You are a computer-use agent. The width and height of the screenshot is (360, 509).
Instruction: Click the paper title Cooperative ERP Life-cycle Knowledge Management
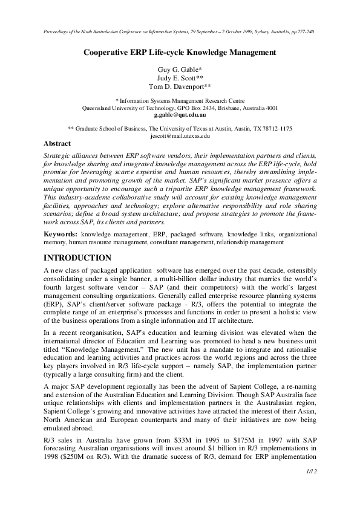pos(180,52)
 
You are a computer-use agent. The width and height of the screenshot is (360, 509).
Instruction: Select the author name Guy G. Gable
pos(180,70)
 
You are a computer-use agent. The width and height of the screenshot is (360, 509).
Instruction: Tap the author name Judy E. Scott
pos(180,78)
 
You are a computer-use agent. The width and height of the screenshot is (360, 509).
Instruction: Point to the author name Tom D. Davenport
pos(180,86)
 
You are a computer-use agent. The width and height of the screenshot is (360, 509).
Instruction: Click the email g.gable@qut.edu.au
pos(180,114)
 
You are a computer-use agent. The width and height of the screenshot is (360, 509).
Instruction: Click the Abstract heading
pos(57,144)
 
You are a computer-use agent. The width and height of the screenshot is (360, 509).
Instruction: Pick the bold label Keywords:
pos(61,234)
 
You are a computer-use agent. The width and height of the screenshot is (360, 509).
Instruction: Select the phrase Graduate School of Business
pos(111,129)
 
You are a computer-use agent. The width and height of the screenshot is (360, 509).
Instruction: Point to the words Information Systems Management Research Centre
pos(183,100)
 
